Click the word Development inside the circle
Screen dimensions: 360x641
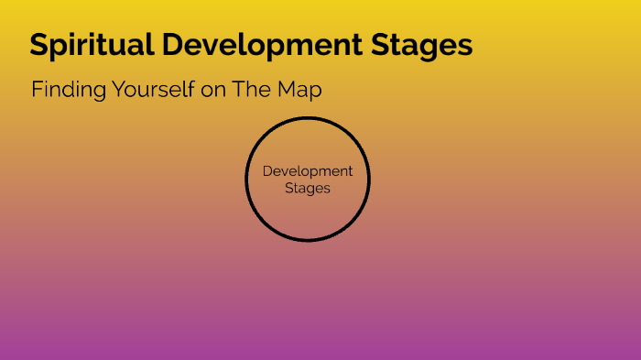click(x=308, y=171)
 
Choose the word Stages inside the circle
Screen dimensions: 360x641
click(x=308, y=188)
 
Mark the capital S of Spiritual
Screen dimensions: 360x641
click(x=39, y=45)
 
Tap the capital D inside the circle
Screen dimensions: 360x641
click(x=267, y=171)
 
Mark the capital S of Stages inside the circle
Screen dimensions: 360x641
click(x=289, y=188)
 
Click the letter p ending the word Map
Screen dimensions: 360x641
click(x=316, y=93)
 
